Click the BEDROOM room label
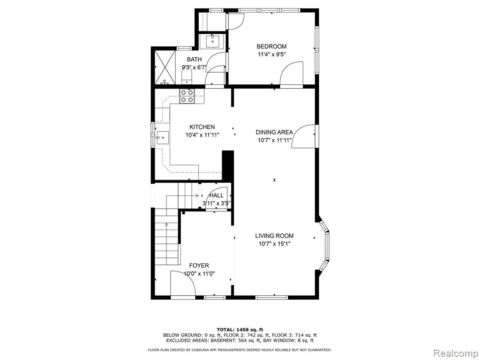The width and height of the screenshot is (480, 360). [271, 46]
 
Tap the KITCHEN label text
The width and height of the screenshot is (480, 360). [202, 127]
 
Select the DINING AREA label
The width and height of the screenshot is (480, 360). [274, 132]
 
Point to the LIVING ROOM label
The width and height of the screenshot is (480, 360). [274, 236]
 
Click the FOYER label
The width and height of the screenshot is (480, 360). [199, 266]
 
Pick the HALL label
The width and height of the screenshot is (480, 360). [217, 195]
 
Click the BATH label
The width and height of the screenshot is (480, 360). [195, 60]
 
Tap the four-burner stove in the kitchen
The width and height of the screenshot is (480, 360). [187, 96]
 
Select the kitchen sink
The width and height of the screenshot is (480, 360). [162, 138]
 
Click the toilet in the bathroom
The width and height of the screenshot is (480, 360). [187, 75]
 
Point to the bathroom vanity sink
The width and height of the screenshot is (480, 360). [212, 41]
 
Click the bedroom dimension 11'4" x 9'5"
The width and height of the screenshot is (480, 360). [272, 55]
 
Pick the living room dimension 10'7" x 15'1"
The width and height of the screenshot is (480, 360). [274, 244]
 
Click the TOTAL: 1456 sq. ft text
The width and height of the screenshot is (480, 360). [240, 330]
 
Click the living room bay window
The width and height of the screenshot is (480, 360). [324, 245]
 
